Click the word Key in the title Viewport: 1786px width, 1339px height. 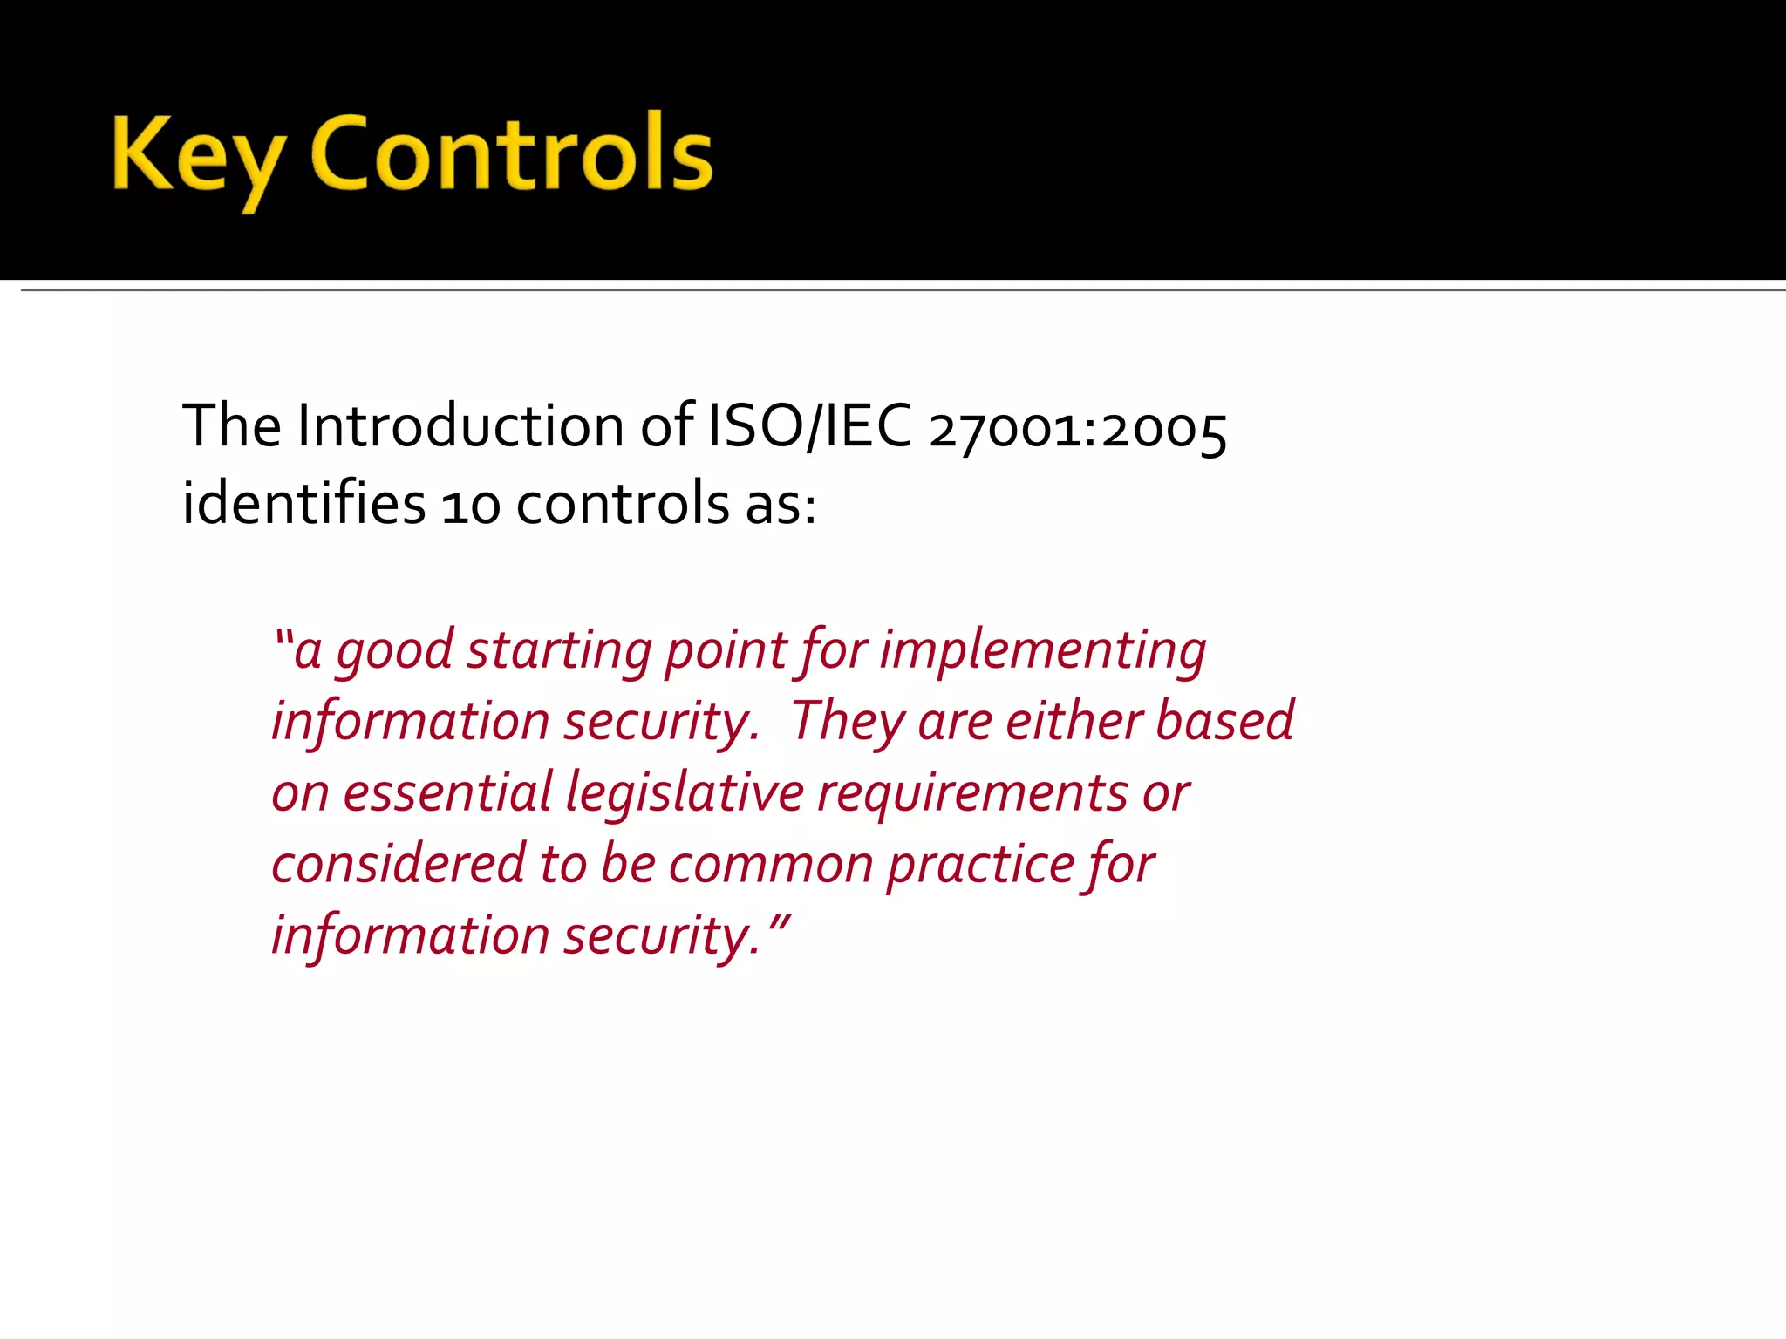coord(197,157)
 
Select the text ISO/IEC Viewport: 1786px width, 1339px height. coord(809,426)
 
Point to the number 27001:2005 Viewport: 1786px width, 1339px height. coord(1078,431)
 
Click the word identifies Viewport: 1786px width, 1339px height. coord(303,504)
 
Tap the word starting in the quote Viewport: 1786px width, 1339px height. coord(559,652)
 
